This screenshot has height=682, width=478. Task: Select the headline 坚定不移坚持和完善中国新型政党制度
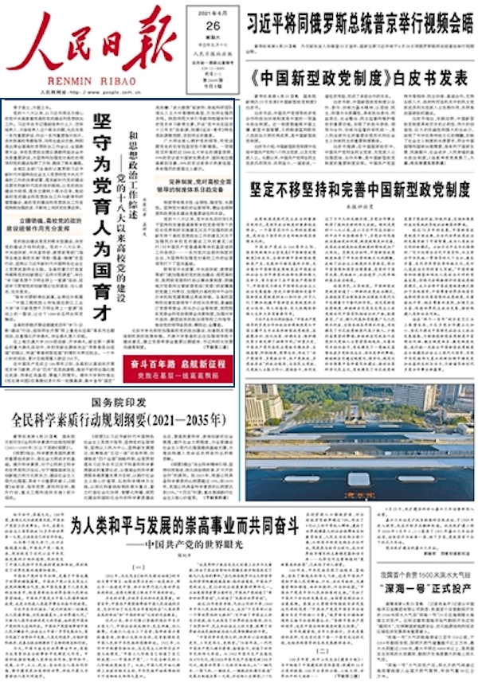pos(360,189)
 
